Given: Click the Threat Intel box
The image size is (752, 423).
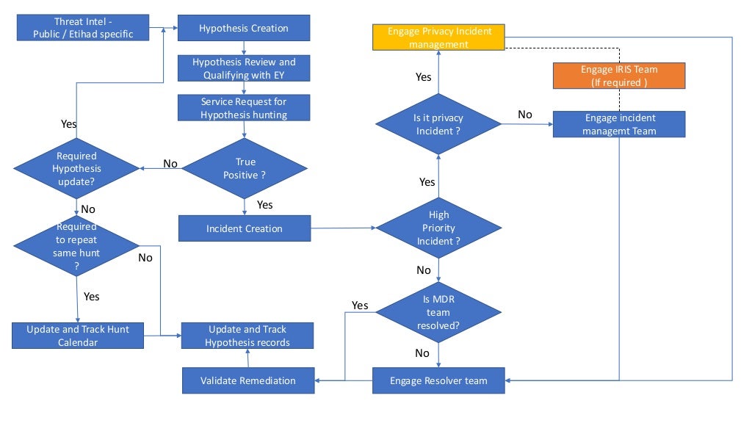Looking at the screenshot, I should click(x=83, y=28).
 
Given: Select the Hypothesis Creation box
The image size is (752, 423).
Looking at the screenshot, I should click(x=244, y=28).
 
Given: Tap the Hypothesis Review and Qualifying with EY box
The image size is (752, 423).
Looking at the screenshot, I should click(x=244, y=68).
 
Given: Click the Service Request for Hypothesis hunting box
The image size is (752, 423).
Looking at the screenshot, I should click(x=244, y=108).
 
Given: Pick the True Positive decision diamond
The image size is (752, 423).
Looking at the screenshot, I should click(x=244, y=168).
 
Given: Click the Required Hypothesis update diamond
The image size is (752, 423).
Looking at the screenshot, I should click(x=76, y=168).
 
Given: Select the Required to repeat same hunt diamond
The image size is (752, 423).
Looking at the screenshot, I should click(x=76, y=246).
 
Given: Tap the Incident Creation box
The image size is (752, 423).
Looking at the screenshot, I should click(x=244, y=228).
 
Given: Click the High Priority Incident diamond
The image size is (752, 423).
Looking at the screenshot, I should click(x=438, y=228).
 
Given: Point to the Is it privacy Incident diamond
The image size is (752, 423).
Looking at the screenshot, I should click(x=438, y=124).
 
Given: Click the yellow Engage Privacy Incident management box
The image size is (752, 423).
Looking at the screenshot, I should click(x=438, y=37).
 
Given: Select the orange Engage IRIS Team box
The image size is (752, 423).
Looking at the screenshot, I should click(x=618, y=76).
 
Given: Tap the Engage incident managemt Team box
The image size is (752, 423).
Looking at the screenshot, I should click(x=618, y=124).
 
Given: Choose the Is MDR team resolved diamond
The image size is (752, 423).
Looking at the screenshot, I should click(x=438, y=312).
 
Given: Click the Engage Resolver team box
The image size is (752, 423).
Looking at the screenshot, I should click(x=438, y=380).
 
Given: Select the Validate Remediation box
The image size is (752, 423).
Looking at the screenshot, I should click(x=247, y=380).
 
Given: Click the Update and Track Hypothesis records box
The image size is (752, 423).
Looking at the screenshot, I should click(x=247, y=336).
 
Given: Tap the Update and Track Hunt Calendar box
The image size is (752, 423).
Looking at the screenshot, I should click(x=78, y=336).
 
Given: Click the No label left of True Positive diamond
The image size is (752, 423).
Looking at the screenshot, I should click(x=170, y=164).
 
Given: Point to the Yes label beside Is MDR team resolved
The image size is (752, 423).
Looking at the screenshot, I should click(x=360, y=305).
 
